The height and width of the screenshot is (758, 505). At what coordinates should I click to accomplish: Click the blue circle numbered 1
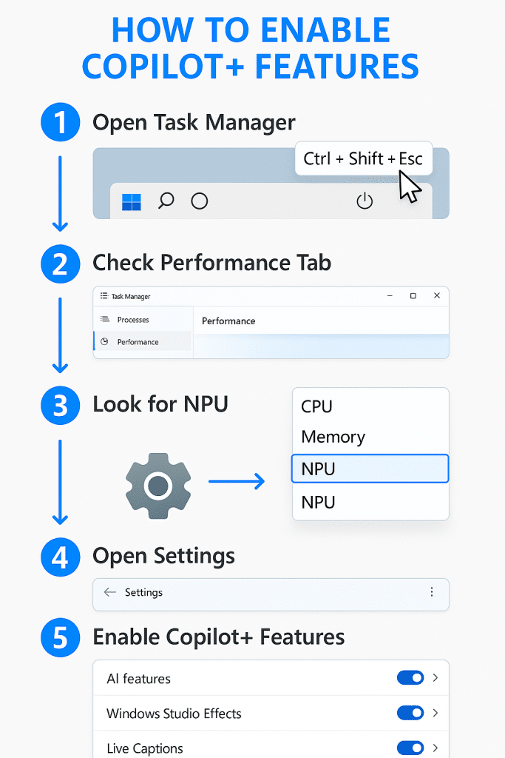(x=61, y=122)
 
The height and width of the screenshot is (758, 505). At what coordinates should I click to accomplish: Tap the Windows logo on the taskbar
(x=132, y=202)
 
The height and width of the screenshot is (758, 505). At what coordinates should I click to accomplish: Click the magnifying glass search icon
(x=166, y=201)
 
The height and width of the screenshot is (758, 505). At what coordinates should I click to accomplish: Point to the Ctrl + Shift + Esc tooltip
(x=363, y=158)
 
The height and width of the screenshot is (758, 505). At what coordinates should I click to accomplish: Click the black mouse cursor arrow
(x=410, y=187)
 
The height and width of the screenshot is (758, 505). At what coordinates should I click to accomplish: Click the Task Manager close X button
(x=437, y=295)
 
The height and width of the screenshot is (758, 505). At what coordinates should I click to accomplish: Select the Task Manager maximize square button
(x=413, y=295)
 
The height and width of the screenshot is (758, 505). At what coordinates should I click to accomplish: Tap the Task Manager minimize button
(x=390, y=295)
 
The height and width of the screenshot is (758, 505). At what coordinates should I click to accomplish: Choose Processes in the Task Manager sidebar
(x=133, y=320)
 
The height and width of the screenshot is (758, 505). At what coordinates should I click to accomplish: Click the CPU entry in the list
(x=316, y=406)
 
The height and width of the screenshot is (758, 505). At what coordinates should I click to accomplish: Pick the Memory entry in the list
(x=333, y=437)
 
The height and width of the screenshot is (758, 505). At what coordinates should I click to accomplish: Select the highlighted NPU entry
(x=370, y=469)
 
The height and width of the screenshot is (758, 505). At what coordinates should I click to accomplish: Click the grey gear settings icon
(x=158, y=486)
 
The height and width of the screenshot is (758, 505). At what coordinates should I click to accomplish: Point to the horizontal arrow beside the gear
(x=237, y=481)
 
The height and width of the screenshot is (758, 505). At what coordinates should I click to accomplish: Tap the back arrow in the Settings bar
(x=110, y=592)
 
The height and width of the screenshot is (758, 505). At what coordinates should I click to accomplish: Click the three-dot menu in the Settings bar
(x=432, y=592)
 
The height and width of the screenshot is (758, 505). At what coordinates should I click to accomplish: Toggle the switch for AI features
(x=410, y=678)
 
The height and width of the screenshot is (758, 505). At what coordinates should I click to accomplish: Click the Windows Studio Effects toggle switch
(x=410, y=713)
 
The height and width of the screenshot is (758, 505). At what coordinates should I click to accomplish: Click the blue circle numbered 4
(x=61, y=557)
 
